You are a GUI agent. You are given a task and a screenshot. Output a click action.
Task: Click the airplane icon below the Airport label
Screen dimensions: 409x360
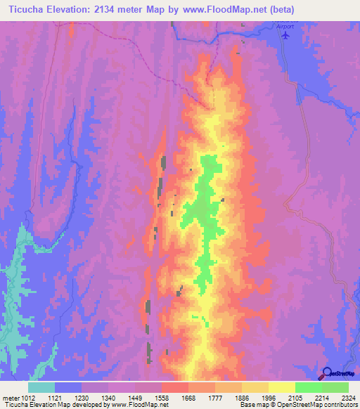pyautogui.click(x=284, y=36)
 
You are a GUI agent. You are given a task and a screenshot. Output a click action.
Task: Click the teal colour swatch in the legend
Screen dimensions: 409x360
pyautogui.click(x=41, y=387)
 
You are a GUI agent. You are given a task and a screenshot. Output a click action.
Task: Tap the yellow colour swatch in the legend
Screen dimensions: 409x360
pyautogui.click(x=281, y=387)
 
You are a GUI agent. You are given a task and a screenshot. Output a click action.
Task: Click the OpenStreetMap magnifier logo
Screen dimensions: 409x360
pyautogui.click(x=327, y=372)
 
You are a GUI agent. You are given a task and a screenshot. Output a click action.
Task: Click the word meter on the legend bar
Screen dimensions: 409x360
pyautogui.click(x=10, y=397)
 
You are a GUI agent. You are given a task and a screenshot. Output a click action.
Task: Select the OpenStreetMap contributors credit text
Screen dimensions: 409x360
pyautogui.click(x=321, y=405)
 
